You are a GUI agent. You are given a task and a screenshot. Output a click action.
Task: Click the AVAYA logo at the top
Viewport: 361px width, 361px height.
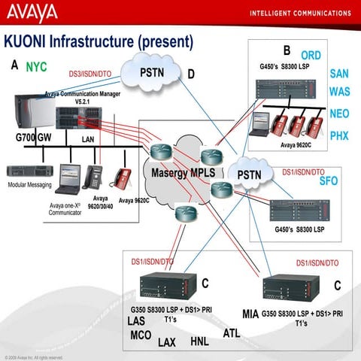coord(31,13)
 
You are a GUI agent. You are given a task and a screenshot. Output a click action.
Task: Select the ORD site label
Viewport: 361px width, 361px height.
coord(311,55)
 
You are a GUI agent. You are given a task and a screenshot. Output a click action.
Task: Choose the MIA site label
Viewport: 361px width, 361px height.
coord(250,313)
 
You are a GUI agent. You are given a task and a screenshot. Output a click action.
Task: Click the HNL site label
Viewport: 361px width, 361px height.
coord(199,341)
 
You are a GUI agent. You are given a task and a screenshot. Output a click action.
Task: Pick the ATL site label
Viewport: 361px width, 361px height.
coord(232,332)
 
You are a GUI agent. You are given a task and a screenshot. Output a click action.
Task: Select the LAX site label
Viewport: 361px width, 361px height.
coord(166,342)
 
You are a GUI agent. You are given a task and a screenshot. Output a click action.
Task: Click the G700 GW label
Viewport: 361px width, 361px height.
coord(34,138)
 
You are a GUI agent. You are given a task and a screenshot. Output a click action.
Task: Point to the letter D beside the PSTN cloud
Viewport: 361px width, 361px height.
coord(191,74)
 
